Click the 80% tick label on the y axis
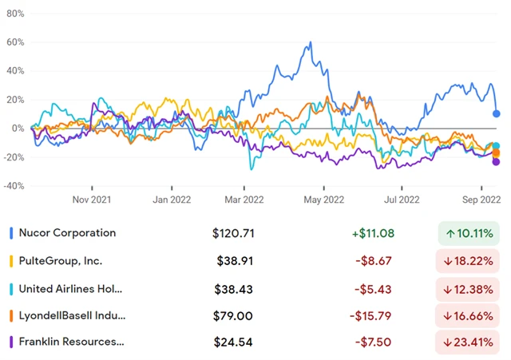pos(14,14)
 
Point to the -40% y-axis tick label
pos(13,186)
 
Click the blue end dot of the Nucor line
pos(497,113)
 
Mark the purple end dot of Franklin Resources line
pos(497,162)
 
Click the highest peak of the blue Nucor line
pos(309,43)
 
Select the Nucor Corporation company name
pos(69,233)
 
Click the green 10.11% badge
pos(468,234)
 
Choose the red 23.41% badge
pos(468,342)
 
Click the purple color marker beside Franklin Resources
pos(11,342)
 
